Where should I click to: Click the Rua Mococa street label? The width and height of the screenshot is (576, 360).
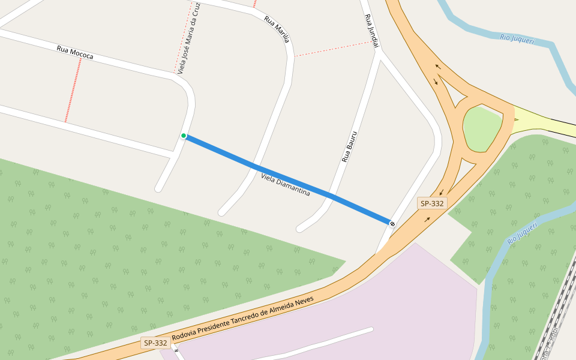(75, 52)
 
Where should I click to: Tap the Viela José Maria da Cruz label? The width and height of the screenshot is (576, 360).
(189, 37)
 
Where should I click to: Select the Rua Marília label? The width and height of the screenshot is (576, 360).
(277, 29)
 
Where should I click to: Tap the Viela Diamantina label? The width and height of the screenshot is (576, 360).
(286, 185)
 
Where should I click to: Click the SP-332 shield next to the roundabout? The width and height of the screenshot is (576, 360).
(432, 203)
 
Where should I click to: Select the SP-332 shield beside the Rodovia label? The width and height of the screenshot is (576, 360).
(155, 343)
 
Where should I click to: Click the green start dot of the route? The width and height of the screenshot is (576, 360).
(184, 136)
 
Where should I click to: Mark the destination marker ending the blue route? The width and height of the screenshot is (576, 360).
(392, 224)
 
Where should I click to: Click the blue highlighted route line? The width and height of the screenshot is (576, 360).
(288, 179)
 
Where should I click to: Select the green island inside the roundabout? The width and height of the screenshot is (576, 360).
(482, 128)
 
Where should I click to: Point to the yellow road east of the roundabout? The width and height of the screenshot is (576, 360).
(540, 120)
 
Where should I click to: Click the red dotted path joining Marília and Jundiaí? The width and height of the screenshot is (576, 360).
(333, 49)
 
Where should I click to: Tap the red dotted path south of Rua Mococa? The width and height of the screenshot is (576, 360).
(73, 90)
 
